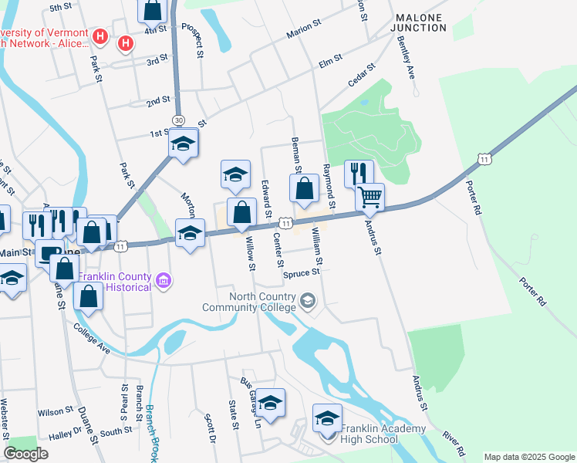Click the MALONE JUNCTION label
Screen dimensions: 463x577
pyautogui.click(x=420, y=22)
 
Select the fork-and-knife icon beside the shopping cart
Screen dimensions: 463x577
pyautogui.click(x=358, y=174)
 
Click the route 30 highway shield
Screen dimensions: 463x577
pyautogui.click(x=179, y=120)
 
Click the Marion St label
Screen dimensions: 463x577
pyautogui.click(x=302, y=30)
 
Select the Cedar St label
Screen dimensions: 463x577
pyautogui.click(x=360, y=75)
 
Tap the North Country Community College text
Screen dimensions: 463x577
pyautogui.click(x=249, y=302)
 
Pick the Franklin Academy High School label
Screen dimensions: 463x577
pyautogui.click(x=371, y=434)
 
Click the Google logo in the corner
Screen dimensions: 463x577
pyautogui.click(x=25, y=454)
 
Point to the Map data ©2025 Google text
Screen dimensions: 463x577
pyautogui.click(x=528, y=457)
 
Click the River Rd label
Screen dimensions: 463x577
pyautogui.click(x=454, y=444)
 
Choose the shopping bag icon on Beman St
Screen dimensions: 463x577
pyautogui.click(x=305, y=188)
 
